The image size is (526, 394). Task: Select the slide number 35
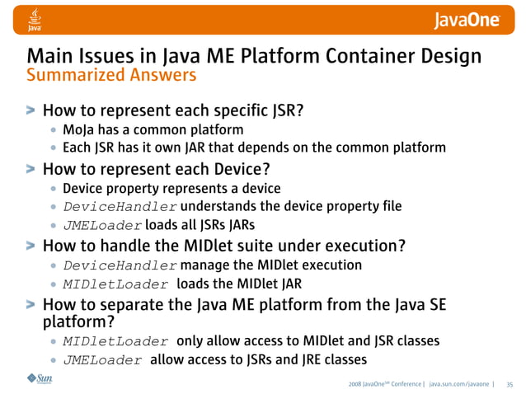(x=510, y=383)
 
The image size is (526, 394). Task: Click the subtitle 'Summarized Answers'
(x=112, y=76)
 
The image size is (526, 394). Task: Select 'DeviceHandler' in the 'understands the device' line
(x=120, y=206)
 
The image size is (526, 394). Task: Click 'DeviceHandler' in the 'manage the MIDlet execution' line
(x=120, y=265)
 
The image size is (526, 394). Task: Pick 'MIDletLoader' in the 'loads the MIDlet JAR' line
(x=115, y=284)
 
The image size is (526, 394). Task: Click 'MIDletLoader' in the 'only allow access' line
(x=115, y=341)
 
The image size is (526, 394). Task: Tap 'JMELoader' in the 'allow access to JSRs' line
(x=102, y=360)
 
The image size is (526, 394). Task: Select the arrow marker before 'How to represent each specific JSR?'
(x=31, y=110)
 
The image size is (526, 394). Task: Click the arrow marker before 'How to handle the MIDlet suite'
(x=31, y=245)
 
